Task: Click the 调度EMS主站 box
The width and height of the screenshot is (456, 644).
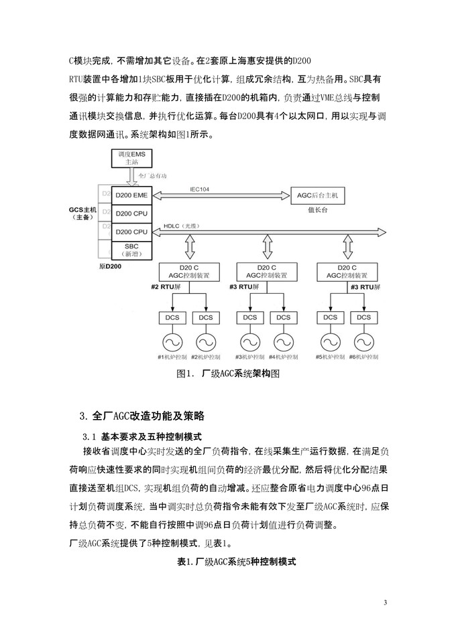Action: coord(131,158)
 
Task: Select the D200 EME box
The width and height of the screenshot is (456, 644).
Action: coord(131,195)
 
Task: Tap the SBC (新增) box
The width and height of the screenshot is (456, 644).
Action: coord(131,250)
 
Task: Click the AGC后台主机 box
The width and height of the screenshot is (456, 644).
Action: coord(317,196)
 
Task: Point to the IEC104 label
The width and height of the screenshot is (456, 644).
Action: coord(200,189)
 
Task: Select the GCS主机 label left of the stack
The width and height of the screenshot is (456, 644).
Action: coord(82,213)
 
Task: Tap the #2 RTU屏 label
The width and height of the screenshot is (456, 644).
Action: coord(166,287)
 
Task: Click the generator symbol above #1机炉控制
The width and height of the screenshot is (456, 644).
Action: coord(172,341)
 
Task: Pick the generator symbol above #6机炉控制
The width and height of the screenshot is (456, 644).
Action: coord(364,341)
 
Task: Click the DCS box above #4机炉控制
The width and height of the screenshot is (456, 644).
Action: coord(283,317)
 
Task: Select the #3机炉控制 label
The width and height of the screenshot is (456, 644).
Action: coord(250,357)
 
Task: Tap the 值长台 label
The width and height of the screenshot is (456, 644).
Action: coord(317,210)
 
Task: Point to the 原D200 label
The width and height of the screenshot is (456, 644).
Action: coord(110,266)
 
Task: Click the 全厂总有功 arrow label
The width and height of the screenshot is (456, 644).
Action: coord(152,176)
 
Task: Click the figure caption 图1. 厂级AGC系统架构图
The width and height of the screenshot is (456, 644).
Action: coord(228,374)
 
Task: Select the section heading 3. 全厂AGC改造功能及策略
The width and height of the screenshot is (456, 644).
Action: coord(142,416)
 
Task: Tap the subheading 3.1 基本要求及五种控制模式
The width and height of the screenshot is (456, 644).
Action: coord(142,436)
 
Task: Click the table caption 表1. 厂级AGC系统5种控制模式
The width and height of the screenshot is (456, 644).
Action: coord(236,562)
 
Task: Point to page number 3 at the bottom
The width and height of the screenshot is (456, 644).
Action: coord(385,603)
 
